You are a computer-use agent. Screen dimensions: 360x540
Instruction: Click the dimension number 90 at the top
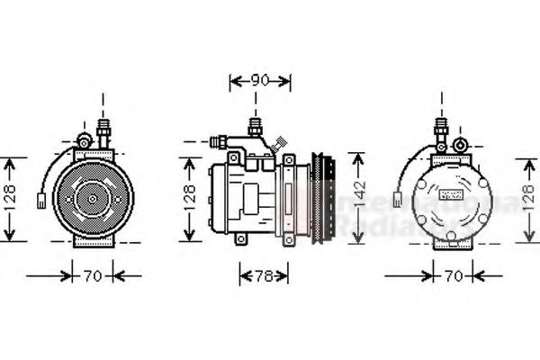260,81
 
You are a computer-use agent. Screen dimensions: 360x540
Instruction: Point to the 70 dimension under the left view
93,275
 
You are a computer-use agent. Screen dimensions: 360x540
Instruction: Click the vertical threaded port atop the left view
103,130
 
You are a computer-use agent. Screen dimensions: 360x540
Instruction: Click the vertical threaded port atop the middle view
255,129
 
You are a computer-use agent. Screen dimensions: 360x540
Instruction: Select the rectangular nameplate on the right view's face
450,193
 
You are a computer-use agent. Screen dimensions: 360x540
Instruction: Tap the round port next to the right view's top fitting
461,143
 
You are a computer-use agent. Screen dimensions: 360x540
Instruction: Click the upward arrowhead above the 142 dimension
360,158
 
